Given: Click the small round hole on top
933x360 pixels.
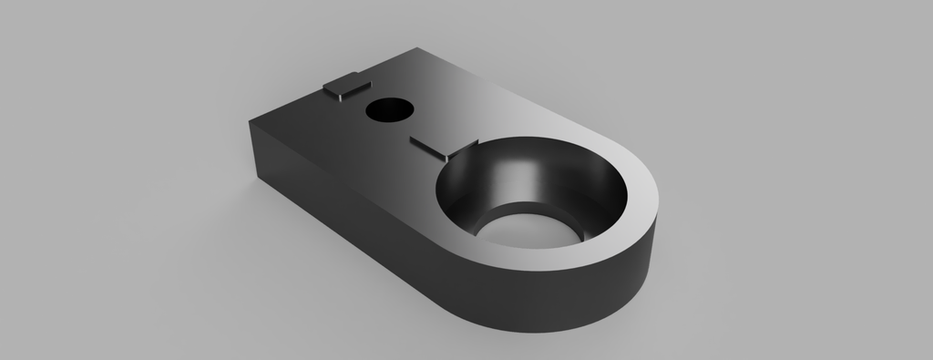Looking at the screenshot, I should tap(388, 110).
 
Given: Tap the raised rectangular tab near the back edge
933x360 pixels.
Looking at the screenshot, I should tap(345, 86).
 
